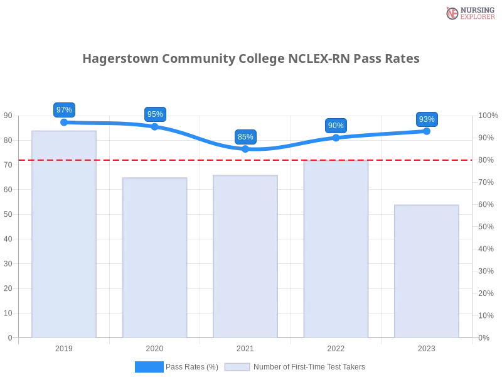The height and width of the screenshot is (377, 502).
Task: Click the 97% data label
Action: [64, 109]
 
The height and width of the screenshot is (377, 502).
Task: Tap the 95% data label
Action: [154, 114]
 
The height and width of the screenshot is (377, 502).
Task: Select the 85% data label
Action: [245, 136]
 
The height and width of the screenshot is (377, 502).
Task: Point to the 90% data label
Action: [336, 125]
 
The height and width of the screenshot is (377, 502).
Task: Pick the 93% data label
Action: [427, 119]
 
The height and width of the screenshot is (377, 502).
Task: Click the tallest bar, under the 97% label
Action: [65, 232]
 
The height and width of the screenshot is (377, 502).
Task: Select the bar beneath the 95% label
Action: [155, 258]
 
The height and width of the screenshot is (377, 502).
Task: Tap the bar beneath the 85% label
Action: [245, 255]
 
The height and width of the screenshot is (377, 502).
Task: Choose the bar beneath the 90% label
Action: [336, 249]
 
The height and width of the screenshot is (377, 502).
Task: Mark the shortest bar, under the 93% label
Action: [427, 270]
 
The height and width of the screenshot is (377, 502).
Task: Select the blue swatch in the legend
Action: [149, 367]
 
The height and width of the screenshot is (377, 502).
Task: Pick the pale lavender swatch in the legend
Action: [237, 367]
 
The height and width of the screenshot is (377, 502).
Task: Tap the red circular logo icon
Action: [452, 13]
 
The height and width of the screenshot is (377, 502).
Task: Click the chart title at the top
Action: [251, 58]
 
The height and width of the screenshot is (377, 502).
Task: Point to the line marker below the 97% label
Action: [64, 123]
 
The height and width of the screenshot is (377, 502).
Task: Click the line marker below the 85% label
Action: [245, 150]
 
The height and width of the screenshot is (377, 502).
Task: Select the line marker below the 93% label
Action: [427, 131]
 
